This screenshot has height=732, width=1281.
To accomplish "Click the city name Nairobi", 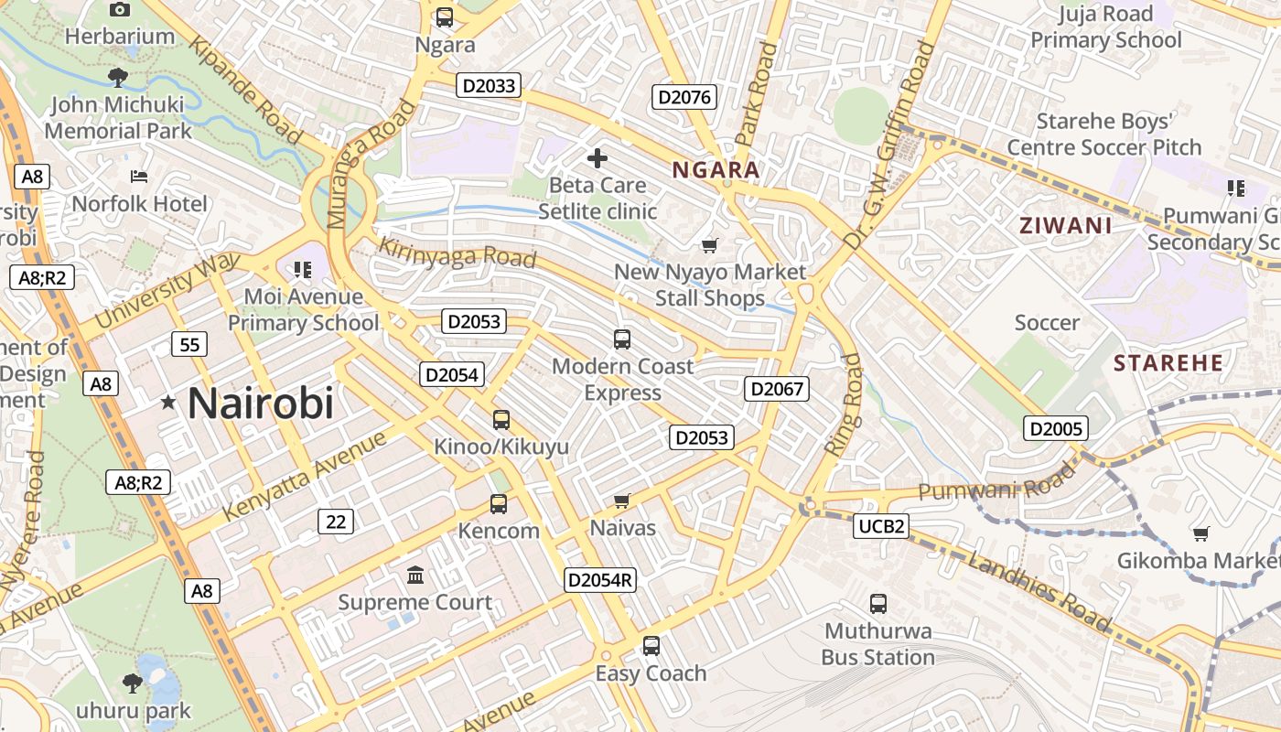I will [261, 404].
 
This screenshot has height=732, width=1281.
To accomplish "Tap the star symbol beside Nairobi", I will [168, 402].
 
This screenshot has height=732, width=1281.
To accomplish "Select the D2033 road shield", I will [489, 86].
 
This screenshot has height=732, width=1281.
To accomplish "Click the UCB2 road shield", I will [882, 525].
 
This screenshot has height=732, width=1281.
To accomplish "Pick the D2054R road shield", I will [600, 579].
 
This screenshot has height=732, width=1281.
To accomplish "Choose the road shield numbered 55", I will [189, 345].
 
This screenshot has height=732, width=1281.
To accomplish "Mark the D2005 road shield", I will [1056, 428].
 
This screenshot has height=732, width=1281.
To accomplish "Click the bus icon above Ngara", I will [445, 16].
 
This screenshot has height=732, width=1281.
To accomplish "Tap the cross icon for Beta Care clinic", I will [597, 158].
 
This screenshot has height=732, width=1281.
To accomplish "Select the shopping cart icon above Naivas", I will [622, 501].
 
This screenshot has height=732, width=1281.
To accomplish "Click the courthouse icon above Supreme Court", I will [415, 576].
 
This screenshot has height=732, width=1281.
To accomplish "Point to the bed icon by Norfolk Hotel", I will [139, 176].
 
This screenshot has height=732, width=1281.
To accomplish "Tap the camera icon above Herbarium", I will [119, 9].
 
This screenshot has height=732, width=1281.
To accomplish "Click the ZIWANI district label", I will [1066, 226].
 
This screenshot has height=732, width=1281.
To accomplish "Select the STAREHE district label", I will [1168, 363].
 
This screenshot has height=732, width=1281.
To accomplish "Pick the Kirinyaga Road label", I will [457, 253].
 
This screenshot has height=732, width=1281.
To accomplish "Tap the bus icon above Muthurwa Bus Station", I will [878, 604].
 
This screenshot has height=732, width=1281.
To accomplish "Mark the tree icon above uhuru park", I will [133, 683].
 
